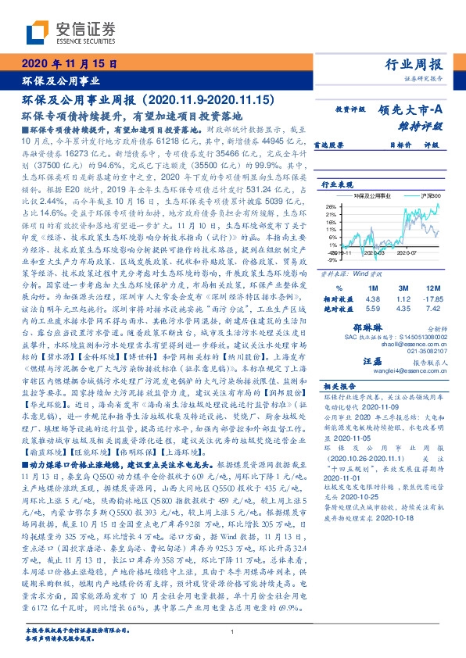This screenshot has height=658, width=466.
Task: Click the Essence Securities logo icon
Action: click(x=37, y=32)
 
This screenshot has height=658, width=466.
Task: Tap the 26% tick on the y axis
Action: click(x=329, y=206)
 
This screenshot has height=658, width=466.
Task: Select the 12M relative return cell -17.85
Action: click(x=432, y=277)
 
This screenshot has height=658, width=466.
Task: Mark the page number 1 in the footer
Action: click(x=232, y=631)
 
